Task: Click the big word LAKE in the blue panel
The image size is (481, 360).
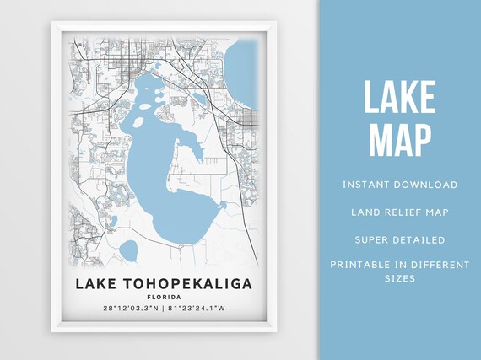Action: point(400,99)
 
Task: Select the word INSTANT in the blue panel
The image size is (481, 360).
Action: point(369,184)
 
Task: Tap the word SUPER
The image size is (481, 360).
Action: point(371,240)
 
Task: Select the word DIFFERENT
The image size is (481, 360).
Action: point(440,265)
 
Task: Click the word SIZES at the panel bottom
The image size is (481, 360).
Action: point(400,277)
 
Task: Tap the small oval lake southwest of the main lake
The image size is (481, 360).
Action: point(128,250)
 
